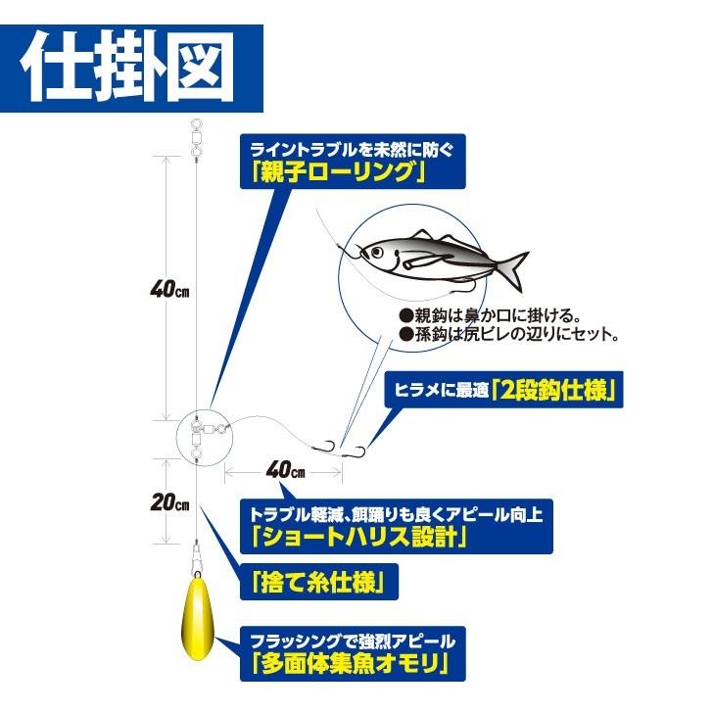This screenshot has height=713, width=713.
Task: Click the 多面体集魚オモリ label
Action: [x=356, y=665]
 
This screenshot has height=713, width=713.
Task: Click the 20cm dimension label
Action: [x=168, y=503]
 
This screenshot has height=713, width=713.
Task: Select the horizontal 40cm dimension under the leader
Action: [x=284, y=470]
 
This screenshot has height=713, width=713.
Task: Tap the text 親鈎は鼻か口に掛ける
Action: [x=490, y=316]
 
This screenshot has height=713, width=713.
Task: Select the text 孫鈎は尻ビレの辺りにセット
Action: [x=508, y=335]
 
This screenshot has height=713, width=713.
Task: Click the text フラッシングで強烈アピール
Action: [x=353, y=642]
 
